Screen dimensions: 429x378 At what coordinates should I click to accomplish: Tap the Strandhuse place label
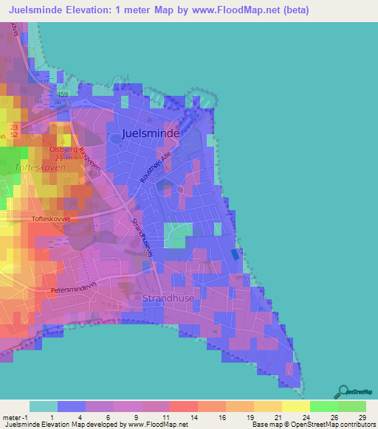pos(171,299)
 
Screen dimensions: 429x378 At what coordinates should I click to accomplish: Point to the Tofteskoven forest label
pos(40,168)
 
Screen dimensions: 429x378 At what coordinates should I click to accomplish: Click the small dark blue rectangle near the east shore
pos(235,254)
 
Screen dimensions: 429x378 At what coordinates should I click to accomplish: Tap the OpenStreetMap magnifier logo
pos(343,393)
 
